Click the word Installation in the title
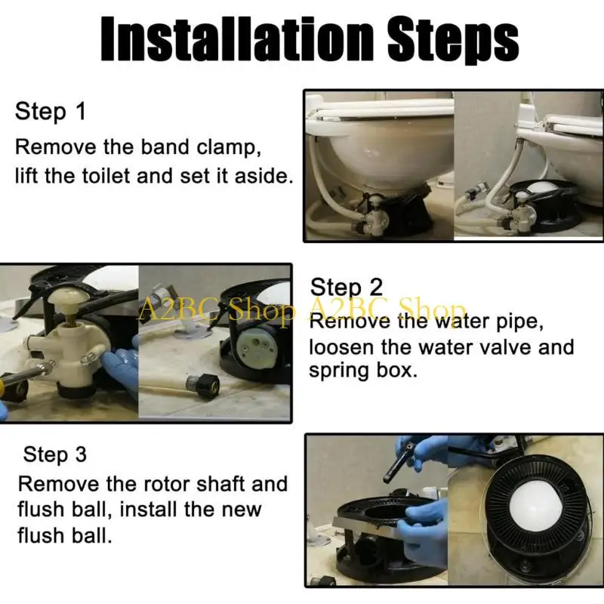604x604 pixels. pyautogui.click(x=237, y=39)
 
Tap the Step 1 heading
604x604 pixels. pyautogui.click(x=50, y=112)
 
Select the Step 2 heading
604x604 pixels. pyautogui.click(x=347, y=288)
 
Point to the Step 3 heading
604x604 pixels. pyautogui.click(x=54, y=455)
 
